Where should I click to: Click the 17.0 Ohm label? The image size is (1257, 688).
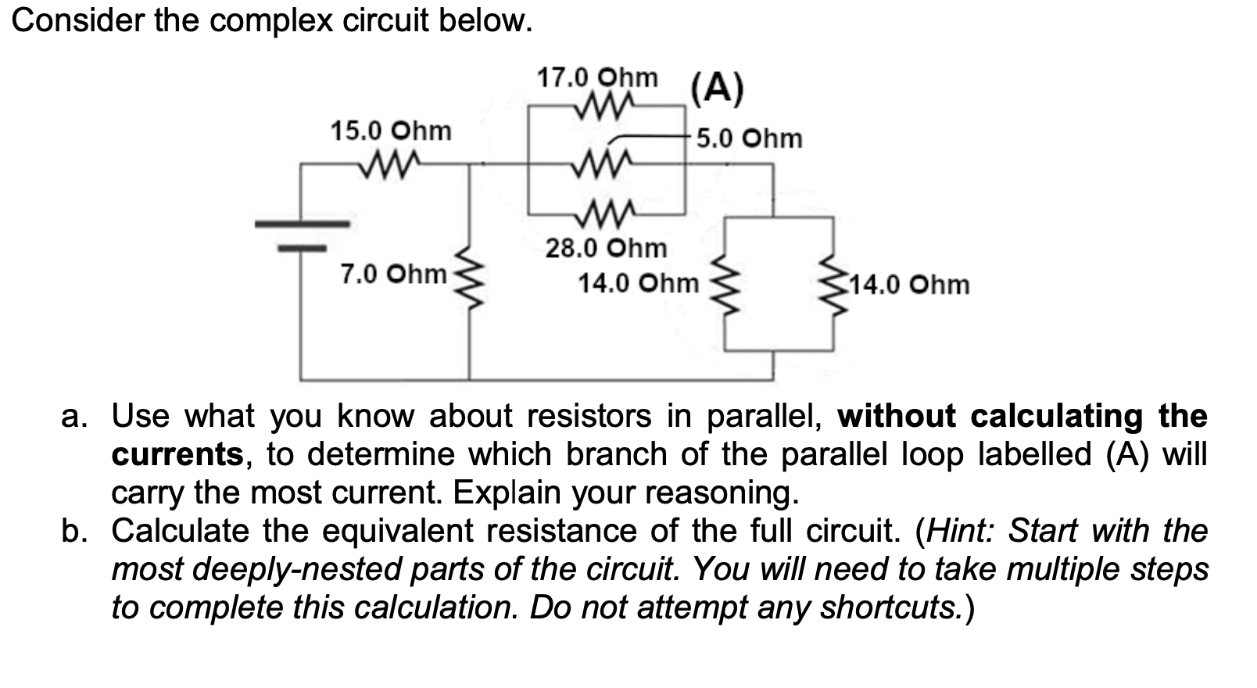click(597, 78)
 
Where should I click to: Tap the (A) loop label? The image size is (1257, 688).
click(718, 88)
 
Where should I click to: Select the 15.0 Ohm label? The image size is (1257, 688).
click(391, 131)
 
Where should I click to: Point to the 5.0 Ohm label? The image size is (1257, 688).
click(749, 138)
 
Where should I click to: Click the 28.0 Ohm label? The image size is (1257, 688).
click(606, 249)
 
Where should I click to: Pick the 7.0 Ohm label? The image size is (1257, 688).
click(393, 274)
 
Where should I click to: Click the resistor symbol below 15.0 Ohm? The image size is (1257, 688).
click(390, 164)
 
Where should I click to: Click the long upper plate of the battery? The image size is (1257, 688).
click(303, 224)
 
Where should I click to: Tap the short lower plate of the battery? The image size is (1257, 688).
click(303, 249)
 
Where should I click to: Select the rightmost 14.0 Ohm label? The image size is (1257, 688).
click(910, 285)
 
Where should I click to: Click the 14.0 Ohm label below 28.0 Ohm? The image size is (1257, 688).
click(638, 283)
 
